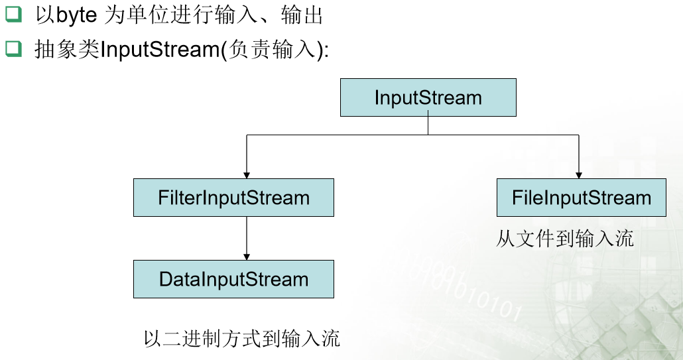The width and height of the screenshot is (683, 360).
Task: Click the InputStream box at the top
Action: pyautogui.click(x=428, y=98)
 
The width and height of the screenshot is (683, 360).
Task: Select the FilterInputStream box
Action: pyautogui.click(x=233, y=198)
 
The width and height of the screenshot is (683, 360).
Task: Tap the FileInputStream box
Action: pyautogui.click(x=581, y=198)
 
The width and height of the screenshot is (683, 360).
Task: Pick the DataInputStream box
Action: pyautogui.click(x=233, y=279)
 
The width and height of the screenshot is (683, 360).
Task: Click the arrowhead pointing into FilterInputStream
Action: pyautogui.click(x=247, y=175)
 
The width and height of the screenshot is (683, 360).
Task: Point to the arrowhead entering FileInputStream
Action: pyautogui.click(x=579, y=175)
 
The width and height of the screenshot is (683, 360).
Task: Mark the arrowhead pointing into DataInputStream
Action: pyautogui.click(x=247, y=257)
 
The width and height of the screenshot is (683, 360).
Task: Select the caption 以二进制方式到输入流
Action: pyautogui.click(x=241, y=338)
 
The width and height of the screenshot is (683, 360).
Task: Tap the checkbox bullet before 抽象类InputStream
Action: pyautogui.click(x=13, y=50)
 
